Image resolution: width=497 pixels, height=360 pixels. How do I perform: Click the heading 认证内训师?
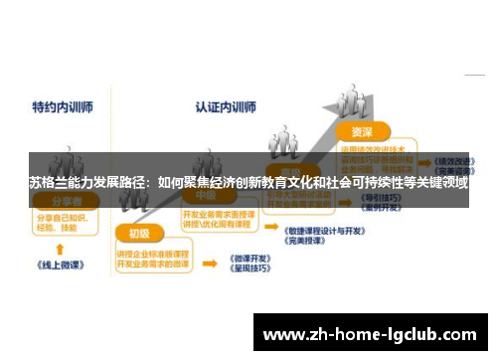(225, 104)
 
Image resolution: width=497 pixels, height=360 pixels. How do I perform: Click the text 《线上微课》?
(59, 266)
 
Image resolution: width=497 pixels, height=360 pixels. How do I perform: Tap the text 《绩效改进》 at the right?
(452, 157)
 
